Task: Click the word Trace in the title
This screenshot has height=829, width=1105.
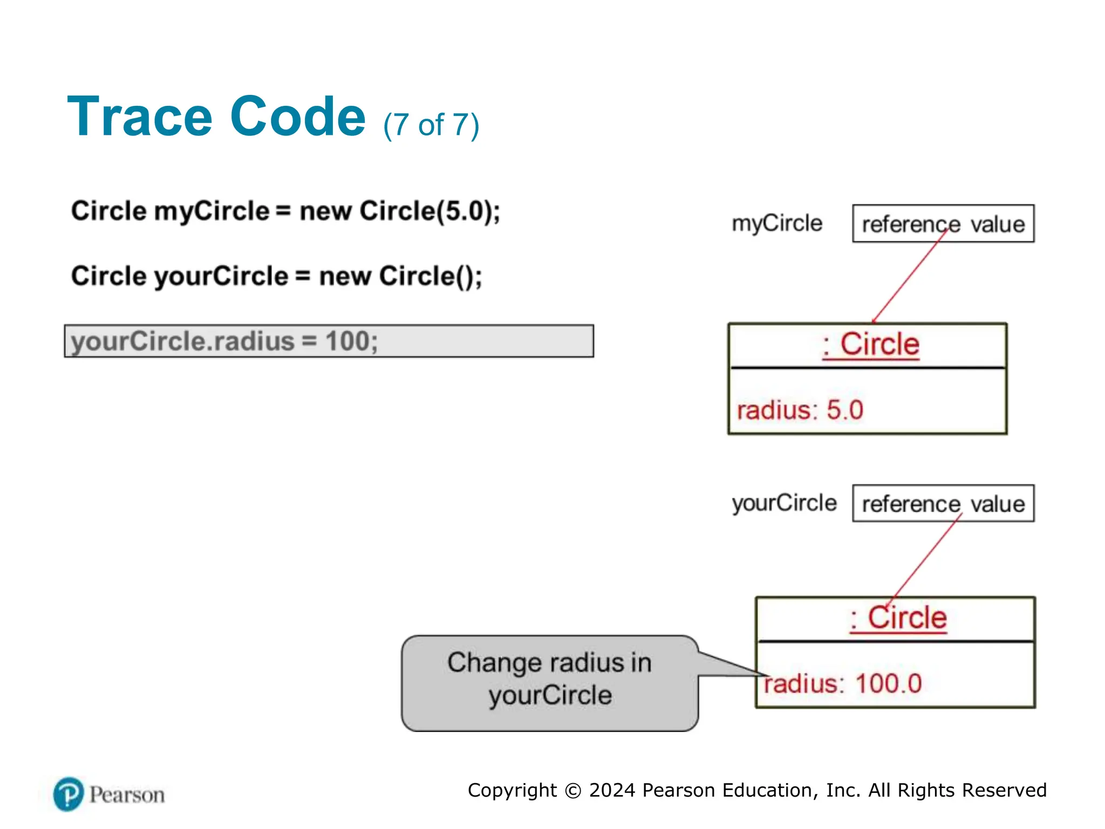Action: click(x=140, y=117)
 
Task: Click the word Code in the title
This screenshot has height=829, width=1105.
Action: click(x=298, y=117)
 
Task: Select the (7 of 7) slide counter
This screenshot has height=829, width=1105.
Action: click(x=431, y=125)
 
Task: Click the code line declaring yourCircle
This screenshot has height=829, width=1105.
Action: click(x=276, y=276)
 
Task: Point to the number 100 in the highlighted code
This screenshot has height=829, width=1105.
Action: click(x=347, y=341)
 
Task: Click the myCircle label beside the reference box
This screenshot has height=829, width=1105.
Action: click(x=776, y=223)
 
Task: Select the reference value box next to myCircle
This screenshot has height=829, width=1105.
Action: click(x=943, y=223)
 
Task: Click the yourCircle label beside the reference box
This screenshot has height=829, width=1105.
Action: click(x=784, y=503)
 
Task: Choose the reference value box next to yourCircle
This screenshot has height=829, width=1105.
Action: click(x=943, y=504)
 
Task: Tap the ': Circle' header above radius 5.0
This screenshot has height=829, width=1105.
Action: click(x=870, y=345)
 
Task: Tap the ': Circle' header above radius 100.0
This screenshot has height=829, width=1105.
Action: click(x=898, y=618)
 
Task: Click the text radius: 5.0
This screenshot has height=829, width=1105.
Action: click(x=800, y=410)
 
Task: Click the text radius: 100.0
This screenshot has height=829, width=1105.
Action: click(x=843, y=684)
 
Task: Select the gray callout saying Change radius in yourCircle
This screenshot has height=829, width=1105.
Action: click(x=549, y=683)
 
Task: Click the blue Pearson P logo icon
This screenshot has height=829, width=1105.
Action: click(x=69, y=794)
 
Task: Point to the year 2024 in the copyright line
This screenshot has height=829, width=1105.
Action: click(x=612, y=790)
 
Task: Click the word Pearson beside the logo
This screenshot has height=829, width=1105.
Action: click(x=127, y=795)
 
